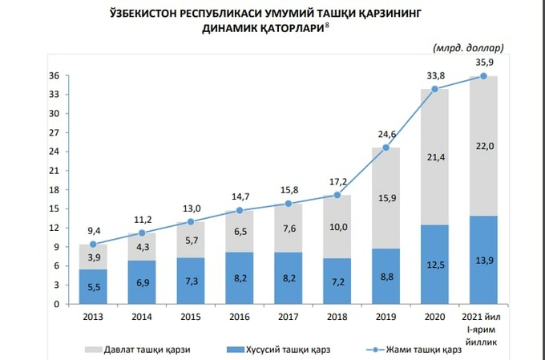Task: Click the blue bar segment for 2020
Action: tap(435, 265)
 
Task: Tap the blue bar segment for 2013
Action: tap(94, 286)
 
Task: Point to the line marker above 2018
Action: tap(337, 195)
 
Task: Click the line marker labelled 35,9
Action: tap(484, 76)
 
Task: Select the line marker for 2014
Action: tap(143, 233)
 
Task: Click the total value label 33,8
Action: tap(435, 77)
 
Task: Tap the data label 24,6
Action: tap(386, 135)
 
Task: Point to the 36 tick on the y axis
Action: tap(55, 75)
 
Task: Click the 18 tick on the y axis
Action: tap(55, 190)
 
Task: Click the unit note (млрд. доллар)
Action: tap(468, 48)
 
